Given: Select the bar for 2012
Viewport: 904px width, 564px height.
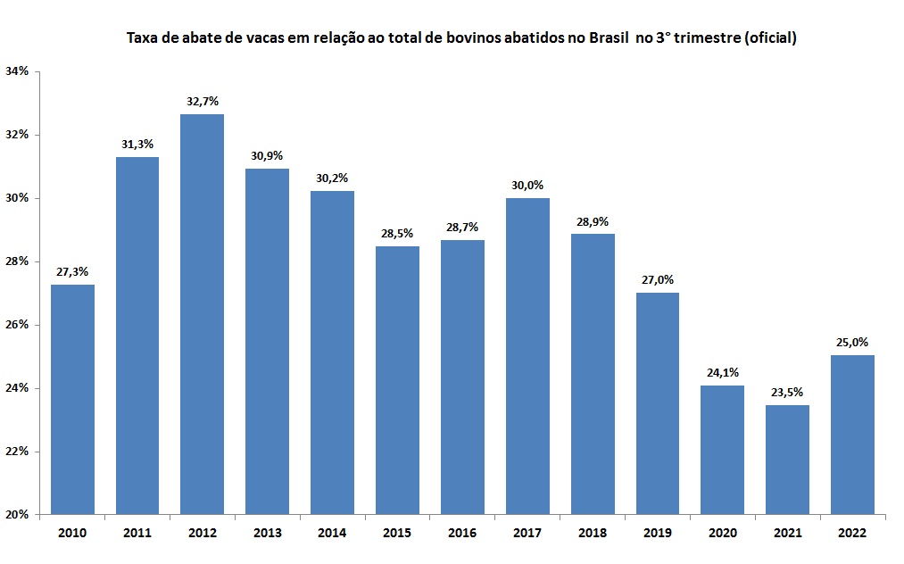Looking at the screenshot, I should [202, 314].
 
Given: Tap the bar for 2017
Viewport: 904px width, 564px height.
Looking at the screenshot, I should [527, 356].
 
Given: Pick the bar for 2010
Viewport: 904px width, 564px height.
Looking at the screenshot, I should [72, 399].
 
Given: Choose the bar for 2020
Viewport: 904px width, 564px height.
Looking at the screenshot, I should [722, 450].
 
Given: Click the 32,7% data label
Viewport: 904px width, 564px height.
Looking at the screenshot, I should [202, 102].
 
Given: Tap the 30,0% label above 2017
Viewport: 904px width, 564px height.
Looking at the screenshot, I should [527, 186].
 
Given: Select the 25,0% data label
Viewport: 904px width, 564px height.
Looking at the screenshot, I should [852, 342].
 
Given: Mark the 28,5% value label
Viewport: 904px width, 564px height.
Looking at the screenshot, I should [397, 234].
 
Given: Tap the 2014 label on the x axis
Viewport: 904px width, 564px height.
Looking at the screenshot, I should [332, 533].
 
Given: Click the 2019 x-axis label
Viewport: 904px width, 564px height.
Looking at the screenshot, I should [657, 533].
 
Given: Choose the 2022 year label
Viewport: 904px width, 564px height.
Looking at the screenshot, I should [852, 533].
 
